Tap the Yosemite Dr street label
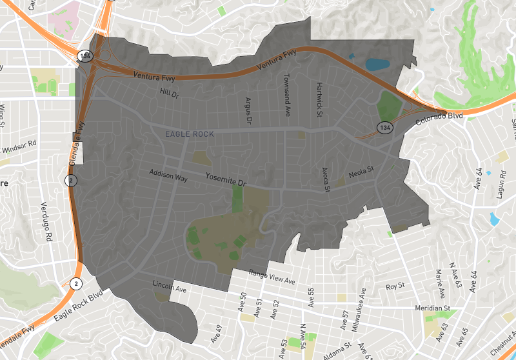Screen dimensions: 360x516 (x=226, y=179)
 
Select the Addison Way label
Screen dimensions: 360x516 (x=168, y=175)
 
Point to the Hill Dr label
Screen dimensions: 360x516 (x=168, y=93)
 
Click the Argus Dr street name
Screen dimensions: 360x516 (x=248, y=110)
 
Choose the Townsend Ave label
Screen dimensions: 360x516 (x=286, y=94)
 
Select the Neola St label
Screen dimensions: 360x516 (x=361, y=172)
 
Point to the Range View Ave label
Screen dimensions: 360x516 (x=272, y=277)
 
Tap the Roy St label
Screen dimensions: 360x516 (x=394, y=286)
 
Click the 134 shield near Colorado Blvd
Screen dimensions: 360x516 (x=385, y=126)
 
